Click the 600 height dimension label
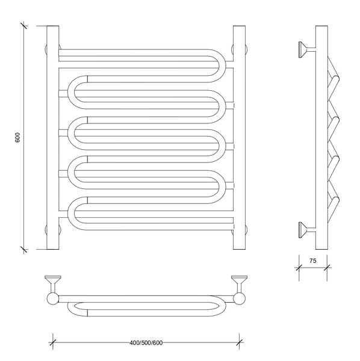tap(17, 137)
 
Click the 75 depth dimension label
tap(313, 261)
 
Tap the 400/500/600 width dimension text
tap(146, 343)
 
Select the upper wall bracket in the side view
tap(307, 49)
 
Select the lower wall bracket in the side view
tap(307, 230)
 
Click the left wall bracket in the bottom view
tap(53, 284)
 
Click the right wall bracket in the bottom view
tap(240, 284)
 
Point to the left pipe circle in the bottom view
tap(53, 299)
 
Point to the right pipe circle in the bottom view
tap(240, 299)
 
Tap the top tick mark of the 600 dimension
tap(24, 25)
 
